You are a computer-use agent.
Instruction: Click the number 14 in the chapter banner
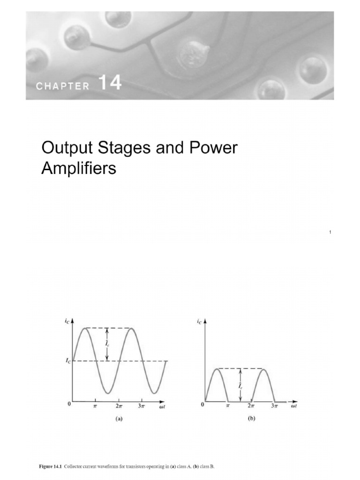click(110, 83)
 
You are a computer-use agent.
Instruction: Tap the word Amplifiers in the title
click(79, 168)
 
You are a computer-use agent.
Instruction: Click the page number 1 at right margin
click(330, 232)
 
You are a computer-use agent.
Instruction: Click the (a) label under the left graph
click(119, 420)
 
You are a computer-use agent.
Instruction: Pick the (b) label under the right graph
click(251, 420)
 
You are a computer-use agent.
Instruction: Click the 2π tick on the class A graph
click(119, 406)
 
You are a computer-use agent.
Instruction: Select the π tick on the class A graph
click(96, 406)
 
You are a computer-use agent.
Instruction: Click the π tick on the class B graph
click(228, 406)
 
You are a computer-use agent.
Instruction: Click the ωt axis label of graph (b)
click(294, 406)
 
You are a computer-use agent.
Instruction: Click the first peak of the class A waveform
click(84, 328)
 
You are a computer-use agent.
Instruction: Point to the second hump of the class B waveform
click(263, 370)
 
